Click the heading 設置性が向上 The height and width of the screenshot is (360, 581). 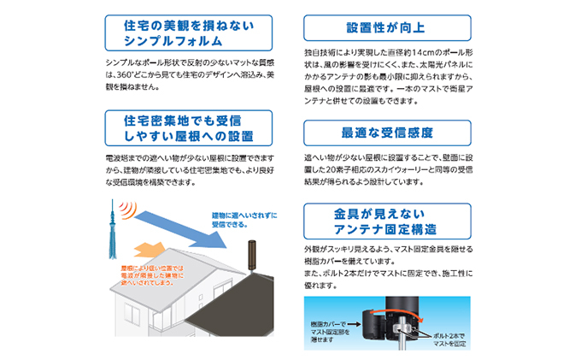385,28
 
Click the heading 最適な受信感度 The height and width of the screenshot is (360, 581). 387,133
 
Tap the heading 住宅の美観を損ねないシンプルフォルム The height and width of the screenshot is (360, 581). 189,33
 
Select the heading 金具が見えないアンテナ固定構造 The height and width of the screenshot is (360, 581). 385,221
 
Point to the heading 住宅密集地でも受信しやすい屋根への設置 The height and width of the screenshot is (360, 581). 189,128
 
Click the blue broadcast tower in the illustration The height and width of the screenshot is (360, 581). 112,229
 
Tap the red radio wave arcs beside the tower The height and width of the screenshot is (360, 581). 128,210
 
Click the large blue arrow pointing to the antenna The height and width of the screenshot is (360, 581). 180,229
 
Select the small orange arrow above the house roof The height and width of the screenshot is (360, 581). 150,250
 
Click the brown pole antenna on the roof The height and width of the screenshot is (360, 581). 251,256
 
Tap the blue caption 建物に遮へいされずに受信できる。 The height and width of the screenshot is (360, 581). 244,220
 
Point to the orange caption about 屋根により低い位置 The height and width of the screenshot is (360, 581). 152,275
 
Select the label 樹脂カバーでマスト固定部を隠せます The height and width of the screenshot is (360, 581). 330,332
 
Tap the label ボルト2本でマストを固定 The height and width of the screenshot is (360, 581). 449,340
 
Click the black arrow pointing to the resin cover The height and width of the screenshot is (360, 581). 355,324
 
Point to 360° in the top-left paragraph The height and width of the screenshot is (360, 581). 125,75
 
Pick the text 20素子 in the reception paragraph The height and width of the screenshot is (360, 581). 337,170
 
